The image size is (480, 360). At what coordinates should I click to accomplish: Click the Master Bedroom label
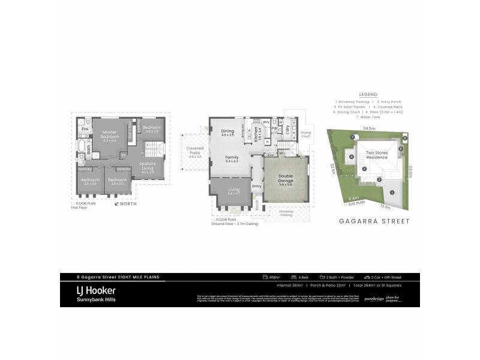[x=109, y=134]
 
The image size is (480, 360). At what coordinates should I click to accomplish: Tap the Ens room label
[x=85, y=128]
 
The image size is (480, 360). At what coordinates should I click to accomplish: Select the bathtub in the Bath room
[x=82, y=147]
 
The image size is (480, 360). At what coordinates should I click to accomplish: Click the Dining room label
[x=227, y=133]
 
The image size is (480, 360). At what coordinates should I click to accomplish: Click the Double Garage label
[x=285, y=179]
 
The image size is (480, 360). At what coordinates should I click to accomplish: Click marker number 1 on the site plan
[x=392, y=193]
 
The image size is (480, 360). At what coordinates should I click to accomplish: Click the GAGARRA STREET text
[x=373, y=221]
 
